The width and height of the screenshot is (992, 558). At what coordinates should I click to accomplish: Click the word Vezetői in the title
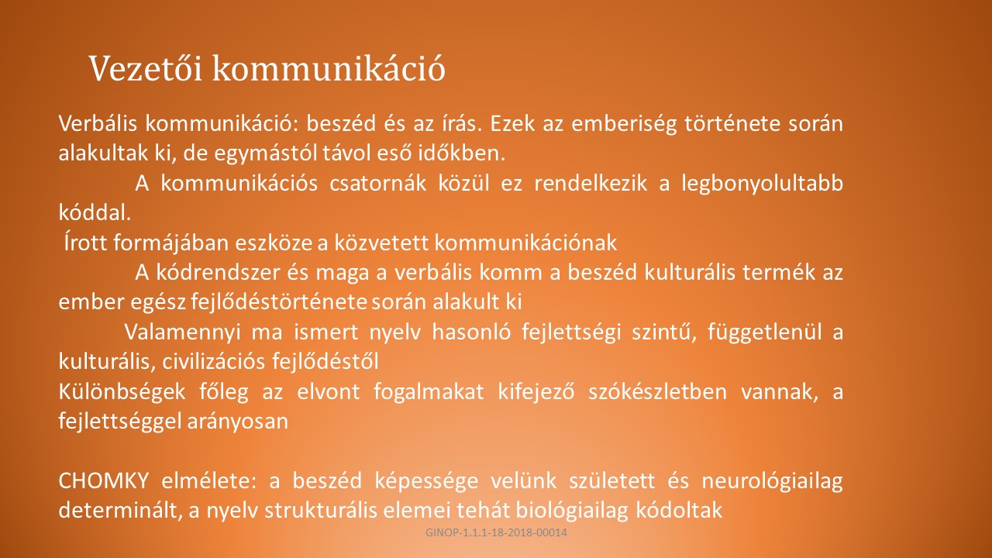[x=146, y=68]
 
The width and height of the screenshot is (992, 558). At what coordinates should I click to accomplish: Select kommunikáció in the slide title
[x=329, y=68]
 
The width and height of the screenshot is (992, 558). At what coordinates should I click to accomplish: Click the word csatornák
[x=377, y=184]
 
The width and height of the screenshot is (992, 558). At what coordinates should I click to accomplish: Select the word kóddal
[x=95, y=213]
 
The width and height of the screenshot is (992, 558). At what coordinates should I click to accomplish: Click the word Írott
[x=85, y=243]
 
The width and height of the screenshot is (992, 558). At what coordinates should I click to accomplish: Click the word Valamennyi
[x=182, y=332]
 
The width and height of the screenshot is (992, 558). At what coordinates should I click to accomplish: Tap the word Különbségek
[x=122, y=392]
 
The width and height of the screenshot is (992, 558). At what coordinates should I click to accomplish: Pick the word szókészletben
[x=657, y=391]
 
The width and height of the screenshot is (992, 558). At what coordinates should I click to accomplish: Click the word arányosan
[x=237, y=422]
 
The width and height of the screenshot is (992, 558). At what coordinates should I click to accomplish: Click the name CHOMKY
[x=103, y=480]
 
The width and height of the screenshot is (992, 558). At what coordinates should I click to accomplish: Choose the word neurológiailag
[x=773, y=481]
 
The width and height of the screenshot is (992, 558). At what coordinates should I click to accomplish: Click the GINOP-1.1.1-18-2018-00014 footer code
[x=496, y=532]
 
